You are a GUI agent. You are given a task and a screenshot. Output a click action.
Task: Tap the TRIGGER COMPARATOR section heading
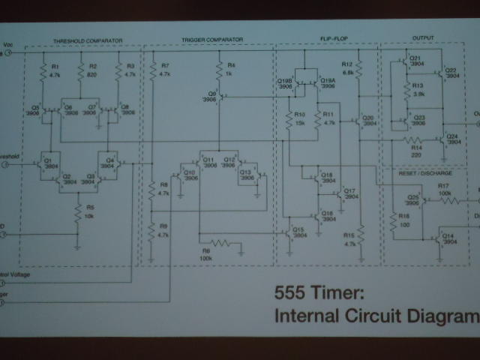pyautogui.click(x=212, y=39)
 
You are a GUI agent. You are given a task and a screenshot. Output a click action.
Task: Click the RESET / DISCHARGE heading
pyautogui.click(x=428, y=173)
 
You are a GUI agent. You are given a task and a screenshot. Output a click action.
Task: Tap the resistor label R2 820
pyautogui.click(x=92, y=71)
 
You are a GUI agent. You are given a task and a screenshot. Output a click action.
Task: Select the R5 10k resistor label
pyautogui.click(x=89, y=210)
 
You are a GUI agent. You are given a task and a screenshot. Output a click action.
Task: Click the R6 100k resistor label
pyautogui.click(x=205, y=255)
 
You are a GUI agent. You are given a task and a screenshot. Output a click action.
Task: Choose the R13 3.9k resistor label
pyautogui.click(x=418, y=91)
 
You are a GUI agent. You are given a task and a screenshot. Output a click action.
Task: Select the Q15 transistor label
pyautogui.click(x=298, y=232)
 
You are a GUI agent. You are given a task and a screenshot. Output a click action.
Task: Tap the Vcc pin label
pyautogui.click(x=7, y=46)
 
